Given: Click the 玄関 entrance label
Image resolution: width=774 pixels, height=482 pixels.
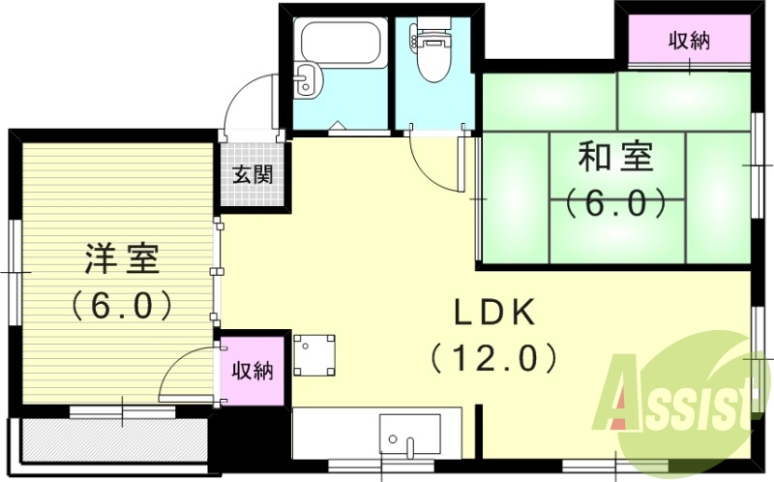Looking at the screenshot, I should coord(253,175).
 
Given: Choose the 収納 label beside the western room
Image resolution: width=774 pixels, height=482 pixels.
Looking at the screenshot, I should coord(253,370).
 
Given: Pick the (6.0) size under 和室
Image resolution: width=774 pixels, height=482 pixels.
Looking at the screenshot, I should coord(615,203).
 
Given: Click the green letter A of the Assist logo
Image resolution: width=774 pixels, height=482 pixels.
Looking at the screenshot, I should coord(623,397).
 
